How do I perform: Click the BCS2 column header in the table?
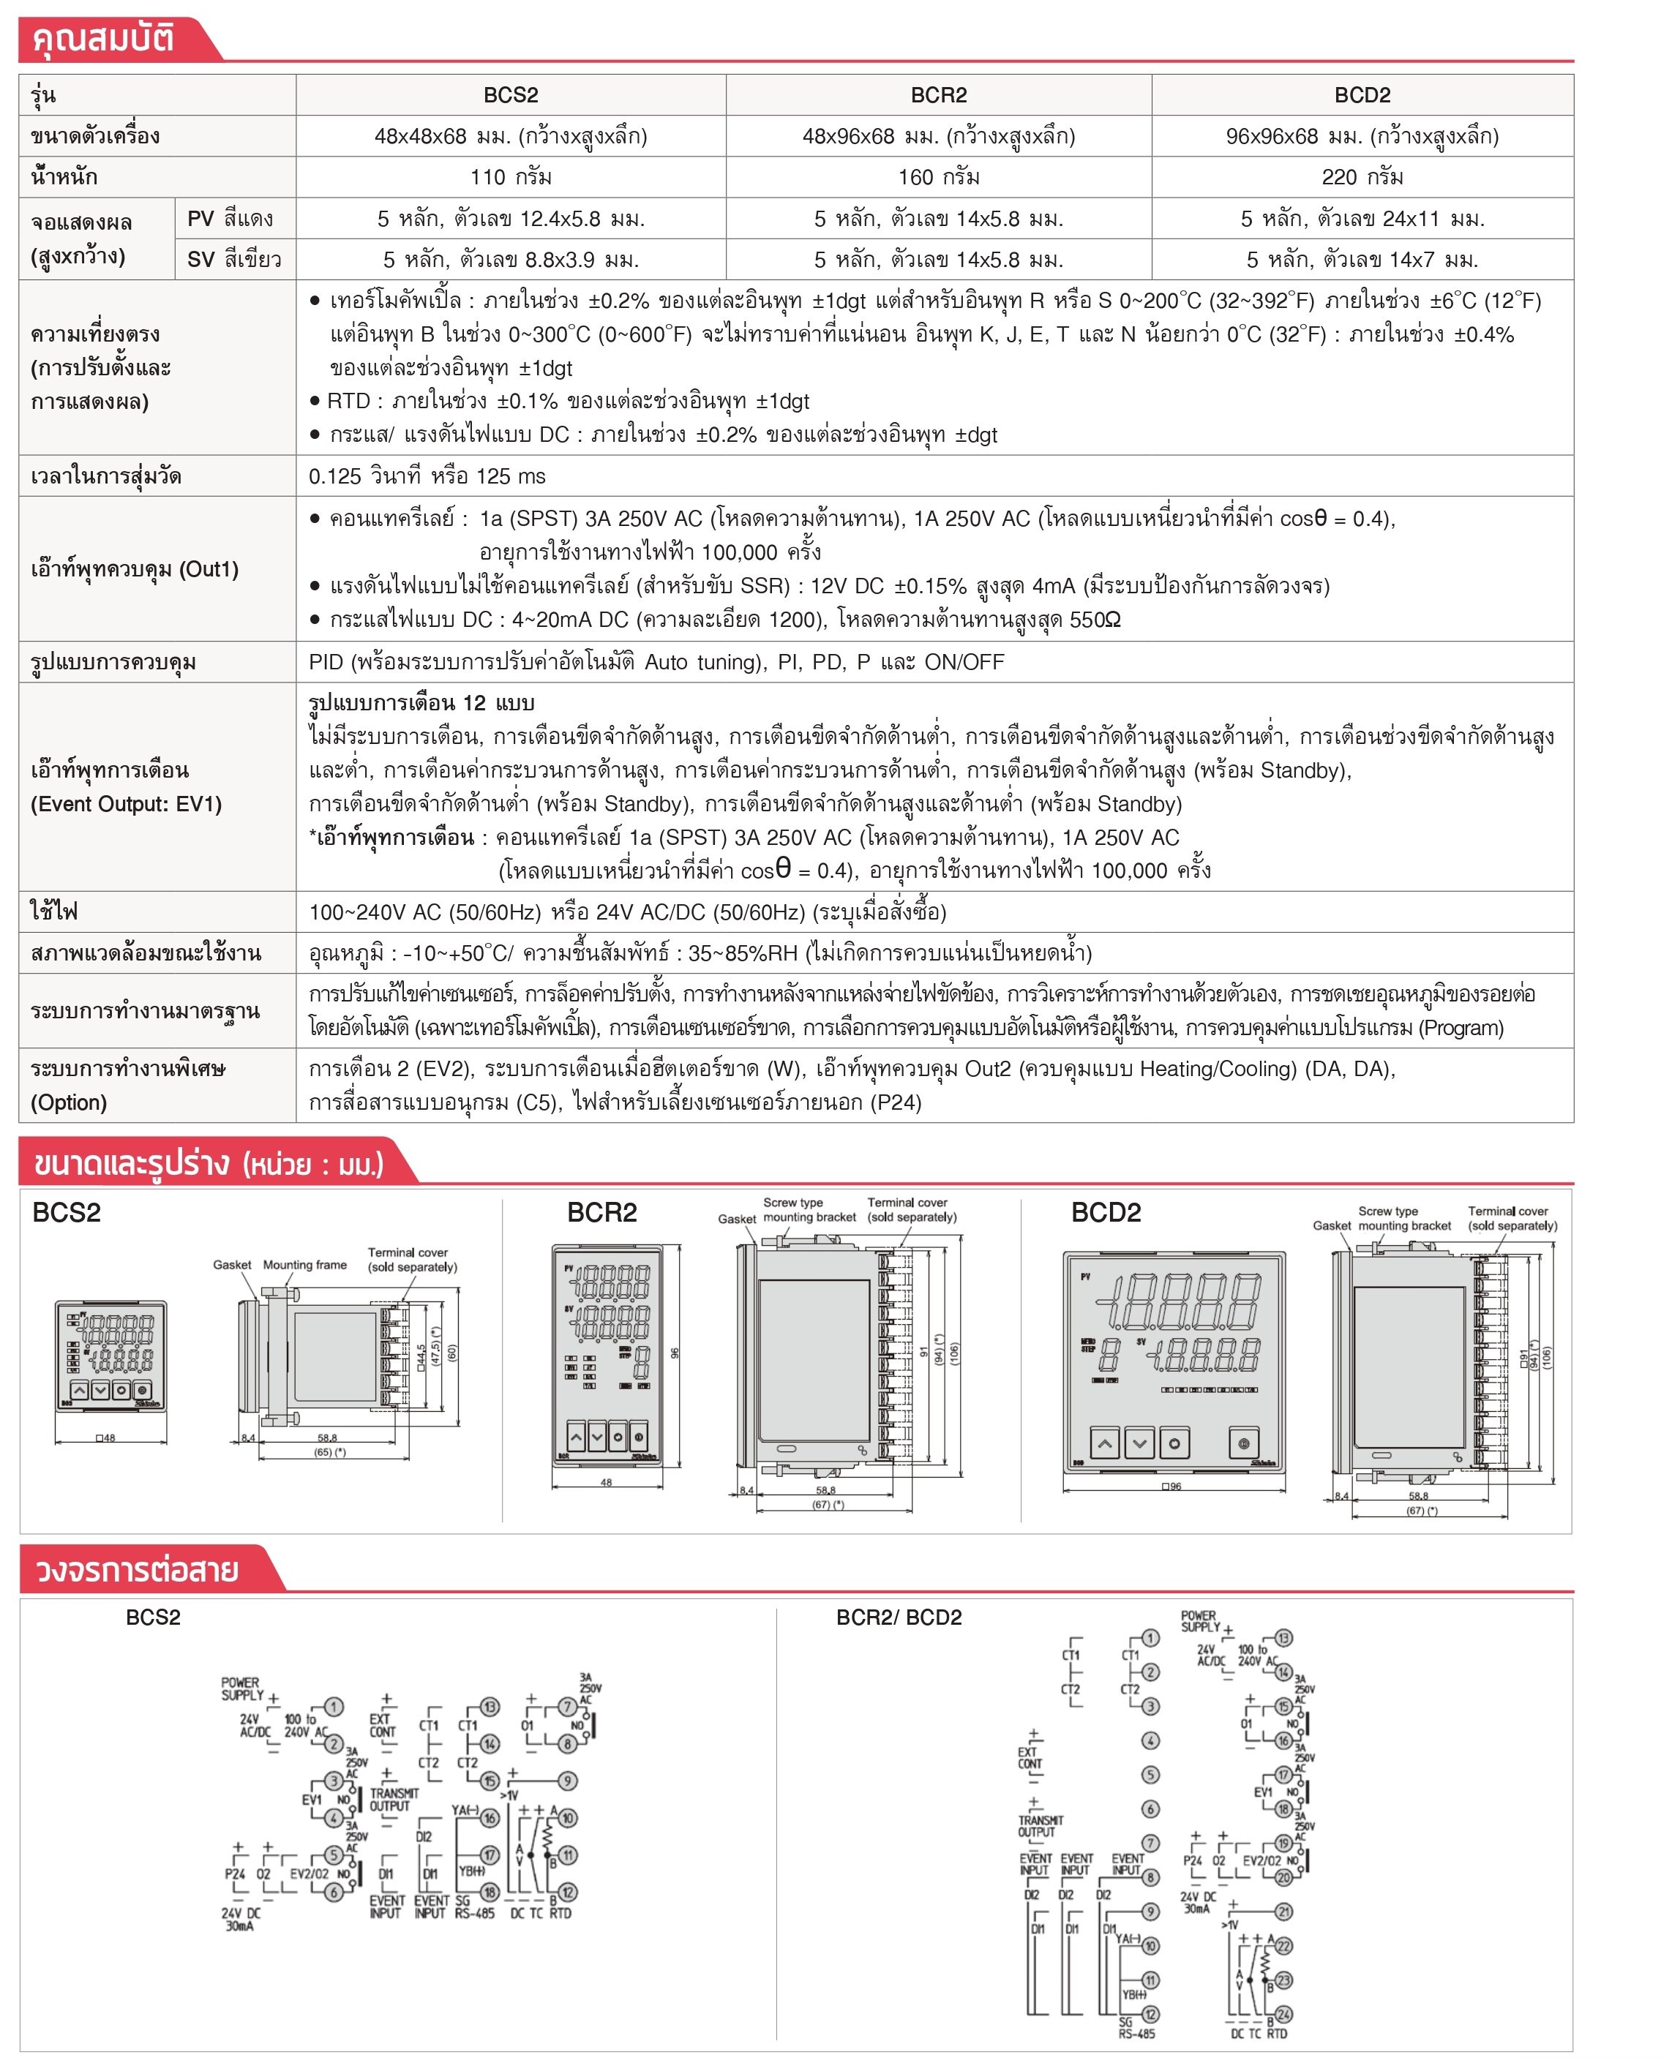coord(510,95)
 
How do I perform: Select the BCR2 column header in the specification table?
coord(939,95)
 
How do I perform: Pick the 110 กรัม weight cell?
coord(510,177)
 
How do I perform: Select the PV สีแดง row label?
coord(230,219)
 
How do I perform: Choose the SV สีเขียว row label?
coord(233,260)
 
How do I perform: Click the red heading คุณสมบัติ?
coord(104,40)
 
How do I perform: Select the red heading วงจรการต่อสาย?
coord(136,1570)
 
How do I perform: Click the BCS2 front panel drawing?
coord(110,1356)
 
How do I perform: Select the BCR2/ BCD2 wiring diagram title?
coord(899,1617)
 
